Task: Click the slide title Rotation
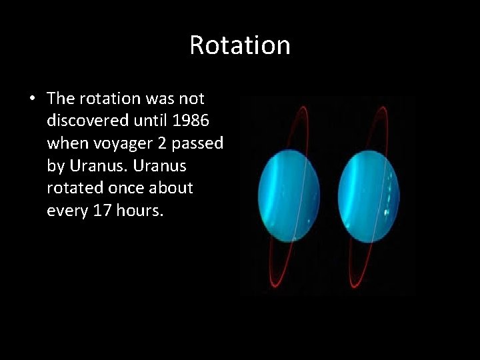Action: (240, 45)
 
